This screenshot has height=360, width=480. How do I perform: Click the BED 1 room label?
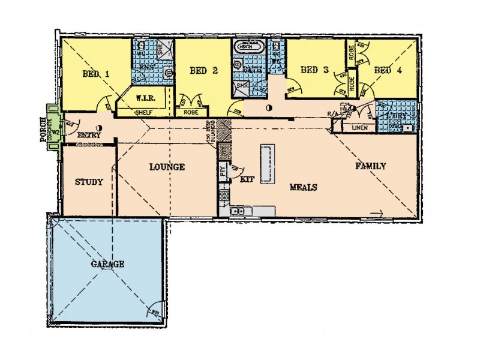point(95,74)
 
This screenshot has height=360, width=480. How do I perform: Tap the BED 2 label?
point(203,71)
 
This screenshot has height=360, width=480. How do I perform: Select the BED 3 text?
point(313,70)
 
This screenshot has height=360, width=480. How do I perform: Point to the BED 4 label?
point(388,70)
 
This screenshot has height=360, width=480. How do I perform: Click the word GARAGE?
point(108,264)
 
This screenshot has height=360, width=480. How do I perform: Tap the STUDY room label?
point(89,182)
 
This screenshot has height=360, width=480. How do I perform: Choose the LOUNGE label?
point(166,167)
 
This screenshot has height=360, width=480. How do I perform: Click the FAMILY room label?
point(370,166)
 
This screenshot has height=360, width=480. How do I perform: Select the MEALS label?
point(303,187)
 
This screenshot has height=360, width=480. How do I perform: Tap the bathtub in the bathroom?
point(247,46)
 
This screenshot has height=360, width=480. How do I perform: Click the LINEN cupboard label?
point(359,128)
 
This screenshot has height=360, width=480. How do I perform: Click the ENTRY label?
point(89,136)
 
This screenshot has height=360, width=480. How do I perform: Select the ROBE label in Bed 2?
point(191,112)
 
